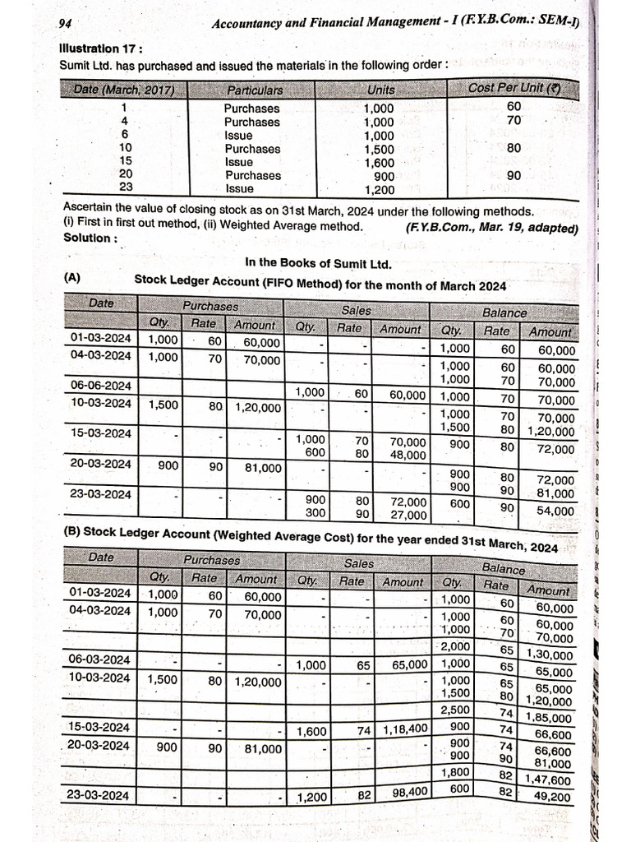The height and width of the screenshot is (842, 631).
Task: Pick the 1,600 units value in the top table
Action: (379, 162)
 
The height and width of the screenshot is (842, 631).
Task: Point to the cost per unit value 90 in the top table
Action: (514, 175)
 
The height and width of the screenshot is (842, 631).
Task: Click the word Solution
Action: (90, 238)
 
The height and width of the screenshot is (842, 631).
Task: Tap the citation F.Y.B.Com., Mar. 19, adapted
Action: (491, 227)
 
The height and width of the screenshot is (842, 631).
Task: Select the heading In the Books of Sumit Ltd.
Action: (319, 263)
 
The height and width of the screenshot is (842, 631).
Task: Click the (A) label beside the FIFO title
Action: (72, 279)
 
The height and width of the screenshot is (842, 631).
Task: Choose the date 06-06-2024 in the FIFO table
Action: (100, 385)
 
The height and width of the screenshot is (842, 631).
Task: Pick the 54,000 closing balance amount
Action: (555, 511)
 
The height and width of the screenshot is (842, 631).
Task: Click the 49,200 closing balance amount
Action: (552, 797)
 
